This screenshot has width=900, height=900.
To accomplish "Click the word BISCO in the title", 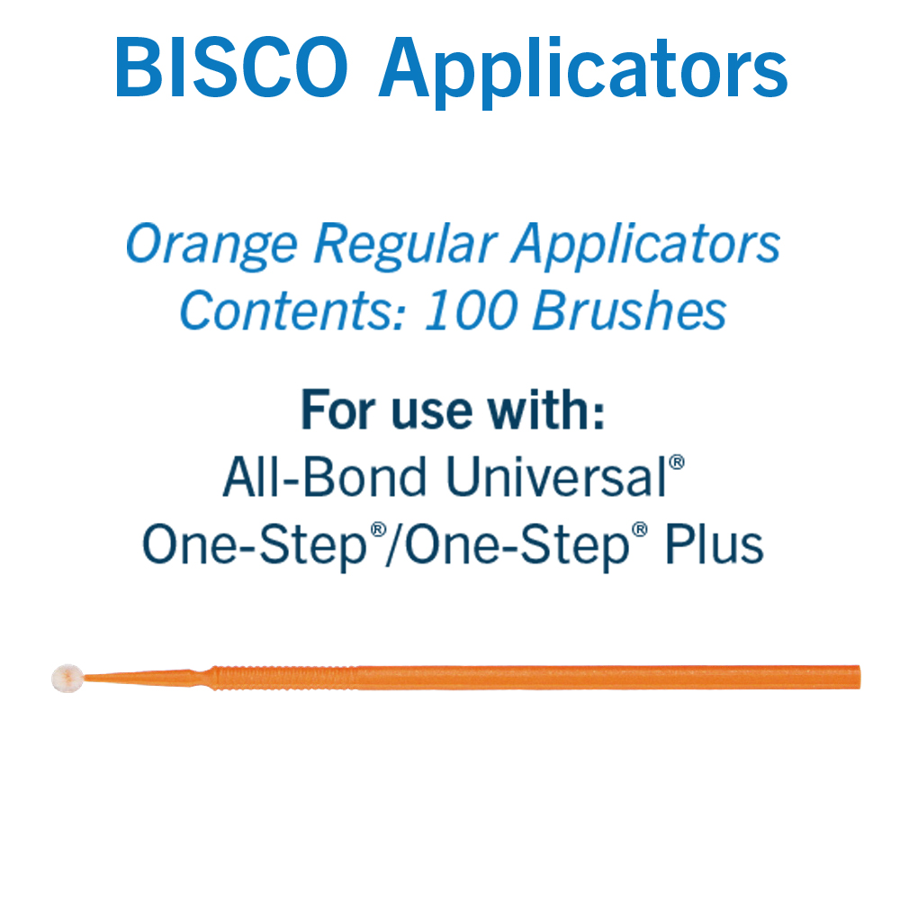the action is click(x=230, y=67).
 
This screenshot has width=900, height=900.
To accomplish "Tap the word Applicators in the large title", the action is click(x=582, y=72).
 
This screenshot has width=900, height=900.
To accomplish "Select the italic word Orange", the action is click(x=211, y=247).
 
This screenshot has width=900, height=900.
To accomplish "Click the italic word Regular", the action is click(x=405, y=247).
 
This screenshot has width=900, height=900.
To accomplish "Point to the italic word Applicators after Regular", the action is click(x=645, y=247).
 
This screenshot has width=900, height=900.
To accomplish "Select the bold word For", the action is click(x=338, y=409).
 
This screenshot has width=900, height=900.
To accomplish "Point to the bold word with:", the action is click(x=546, y=409).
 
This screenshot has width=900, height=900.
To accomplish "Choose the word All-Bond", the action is click(x=324, y=476).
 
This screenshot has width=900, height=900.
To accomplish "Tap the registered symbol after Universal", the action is click(x=678, y=462).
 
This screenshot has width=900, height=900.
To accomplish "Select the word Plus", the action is click(x=714, y=544).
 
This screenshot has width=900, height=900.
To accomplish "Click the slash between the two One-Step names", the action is click(x=396, y=545).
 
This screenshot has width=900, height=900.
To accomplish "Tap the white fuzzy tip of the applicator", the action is click(x=67, y=679).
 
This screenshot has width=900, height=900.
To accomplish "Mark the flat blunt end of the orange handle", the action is click(x=859, y=677).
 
